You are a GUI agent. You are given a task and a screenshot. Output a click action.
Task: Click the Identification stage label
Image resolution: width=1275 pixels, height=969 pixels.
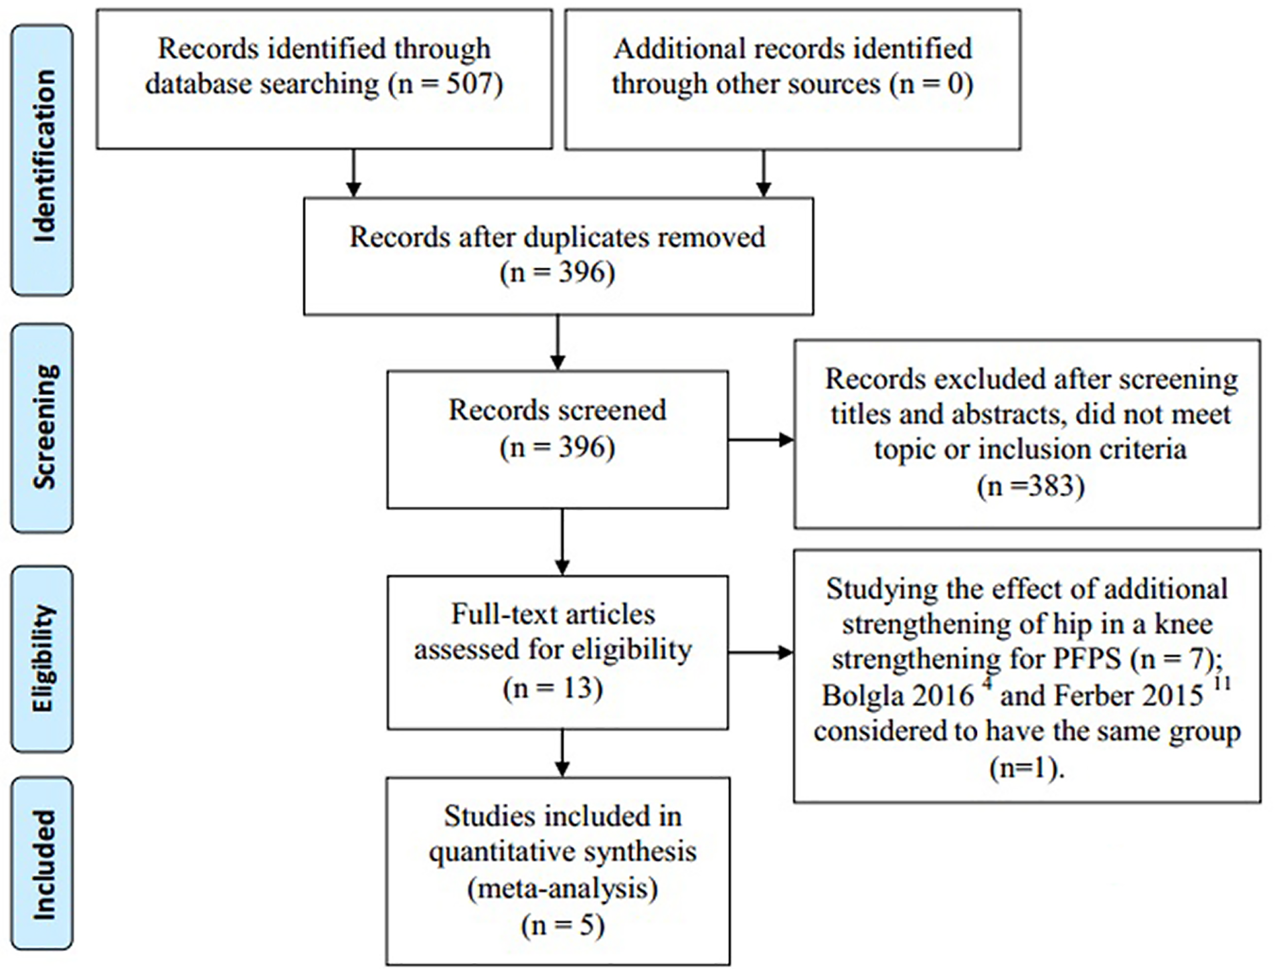(x=44, y=157)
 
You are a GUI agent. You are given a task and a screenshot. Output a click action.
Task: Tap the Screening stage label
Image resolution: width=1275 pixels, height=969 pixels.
(x=44, y=427)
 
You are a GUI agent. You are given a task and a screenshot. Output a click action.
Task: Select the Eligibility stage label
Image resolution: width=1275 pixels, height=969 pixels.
(x=44, y=658)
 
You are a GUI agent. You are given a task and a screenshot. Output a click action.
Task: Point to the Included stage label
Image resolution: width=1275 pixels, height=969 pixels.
(x=44, y=864)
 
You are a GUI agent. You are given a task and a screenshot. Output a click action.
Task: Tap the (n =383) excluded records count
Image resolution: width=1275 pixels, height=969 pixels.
(x=1030, y=486)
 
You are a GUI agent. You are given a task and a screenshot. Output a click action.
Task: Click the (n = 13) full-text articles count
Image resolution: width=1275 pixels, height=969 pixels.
(x=552, y=689)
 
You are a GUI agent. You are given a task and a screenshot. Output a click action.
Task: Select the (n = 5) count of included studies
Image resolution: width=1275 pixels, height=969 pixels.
(x=562, y=926)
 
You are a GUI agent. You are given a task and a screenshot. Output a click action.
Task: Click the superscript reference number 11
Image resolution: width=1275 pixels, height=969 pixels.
(x=1221, y=683)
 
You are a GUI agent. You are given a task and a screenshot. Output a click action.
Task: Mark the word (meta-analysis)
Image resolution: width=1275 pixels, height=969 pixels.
(x=562, y=889)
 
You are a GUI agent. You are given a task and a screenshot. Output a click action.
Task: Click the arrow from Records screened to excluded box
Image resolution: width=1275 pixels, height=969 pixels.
(x=761, y=440)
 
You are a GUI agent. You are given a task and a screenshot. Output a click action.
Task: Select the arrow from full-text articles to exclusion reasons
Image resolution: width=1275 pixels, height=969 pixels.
(x=761, y=653)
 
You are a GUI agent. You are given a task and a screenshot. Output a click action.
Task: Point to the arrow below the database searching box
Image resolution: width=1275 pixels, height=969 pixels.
(x=353, y=173)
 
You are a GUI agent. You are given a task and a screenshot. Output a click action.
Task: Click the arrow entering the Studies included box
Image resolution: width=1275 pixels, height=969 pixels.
(x=562, y=753)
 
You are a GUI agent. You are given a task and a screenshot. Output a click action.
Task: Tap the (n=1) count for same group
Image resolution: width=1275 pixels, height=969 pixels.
(x=1027, y=768)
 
